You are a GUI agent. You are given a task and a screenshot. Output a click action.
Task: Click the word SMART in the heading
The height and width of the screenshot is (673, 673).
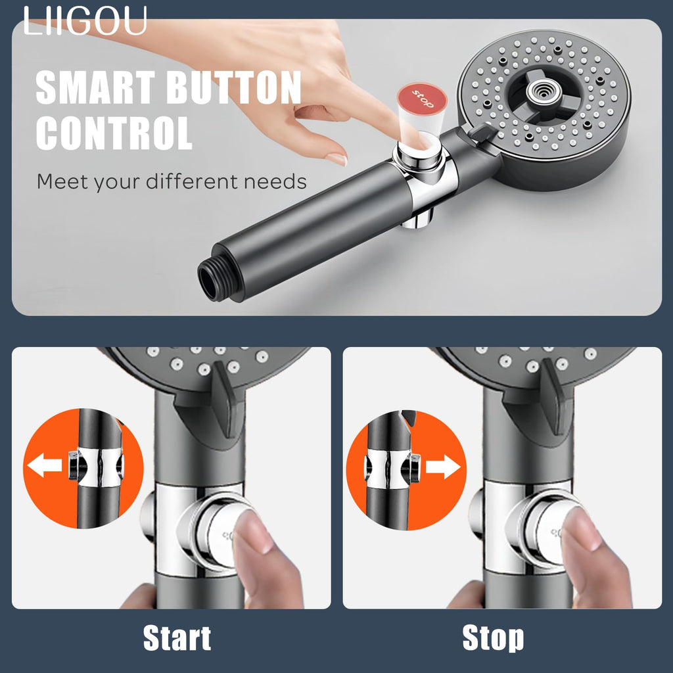tap(95, 87)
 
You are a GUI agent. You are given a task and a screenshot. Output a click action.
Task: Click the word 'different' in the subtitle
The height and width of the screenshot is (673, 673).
tap(193, 181)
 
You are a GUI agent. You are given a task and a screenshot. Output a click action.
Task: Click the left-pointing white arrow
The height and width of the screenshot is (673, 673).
tap(45, 467)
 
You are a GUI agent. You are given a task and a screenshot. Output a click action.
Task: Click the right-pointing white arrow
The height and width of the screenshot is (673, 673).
tap(443, 467)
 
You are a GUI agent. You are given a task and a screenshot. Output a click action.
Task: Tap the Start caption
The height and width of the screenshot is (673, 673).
tap(177, 638)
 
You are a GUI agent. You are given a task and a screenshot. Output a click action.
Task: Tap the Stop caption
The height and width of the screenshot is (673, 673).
tap(493, 638)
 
